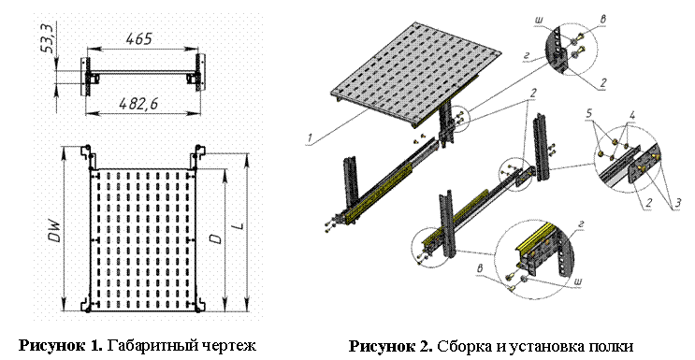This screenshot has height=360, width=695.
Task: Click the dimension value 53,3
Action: coord(48,39)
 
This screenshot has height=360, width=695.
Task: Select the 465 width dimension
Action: coord(138,39)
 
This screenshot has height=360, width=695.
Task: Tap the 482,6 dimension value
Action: coord(138,104)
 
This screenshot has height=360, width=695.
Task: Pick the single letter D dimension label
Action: coord(216,238)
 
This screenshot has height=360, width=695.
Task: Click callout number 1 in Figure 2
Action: coord(310,138)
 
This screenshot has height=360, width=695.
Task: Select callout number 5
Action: coord(588,113)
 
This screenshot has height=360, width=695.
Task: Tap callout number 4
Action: coord(632,116)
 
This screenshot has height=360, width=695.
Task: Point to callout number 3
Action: coord(677,204)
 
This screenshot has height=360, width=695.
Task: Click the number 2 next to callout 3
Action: coord(648,203)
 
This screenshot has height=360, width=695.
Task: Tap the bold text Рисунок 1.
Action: coord(61,345)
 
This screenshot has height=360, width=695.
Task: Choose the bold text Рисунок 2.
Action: coord(391,346)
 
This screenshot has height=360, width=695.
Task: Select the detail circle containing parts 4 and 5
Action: coord(627,159)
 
